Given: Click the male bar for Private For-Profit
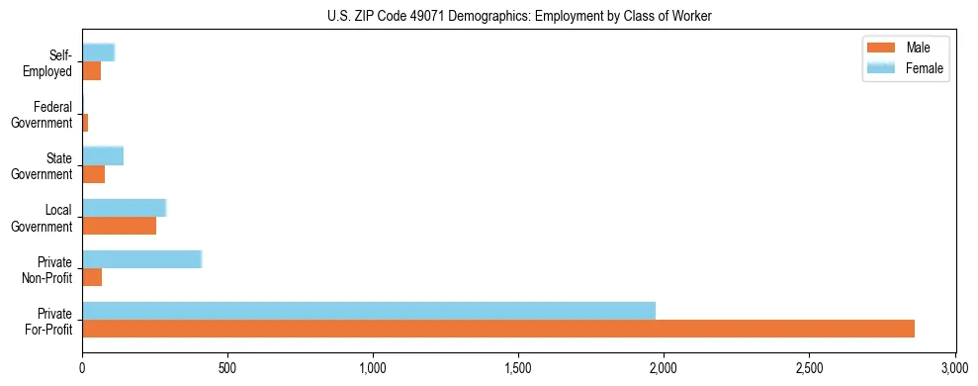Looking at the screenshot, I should pos(498,329).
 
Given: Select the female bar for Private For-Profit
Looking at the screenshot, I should pos(369,311).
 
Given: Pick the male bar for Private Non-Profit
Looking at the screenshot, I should pos(92,277).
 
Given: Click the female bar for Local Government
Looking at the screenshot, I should pos(124,208).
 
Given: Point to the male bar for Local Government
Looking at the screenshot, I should pos(119,226).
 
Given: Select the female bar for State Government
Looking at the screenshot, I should pos(103,155).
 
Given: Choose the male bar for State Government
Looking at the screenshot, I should pos(93,174).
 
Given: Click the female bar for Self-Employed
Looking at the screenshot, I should pos(98,52).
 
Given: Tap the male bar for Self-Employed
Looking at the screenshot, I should pos(91,71).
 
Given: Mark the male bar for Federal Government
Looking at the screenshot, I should pos(85,123).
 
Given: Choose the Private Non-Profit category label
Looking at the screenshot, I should pos(54,269).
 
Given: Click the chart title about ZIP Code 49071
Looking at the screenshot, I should pos(519,16).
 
